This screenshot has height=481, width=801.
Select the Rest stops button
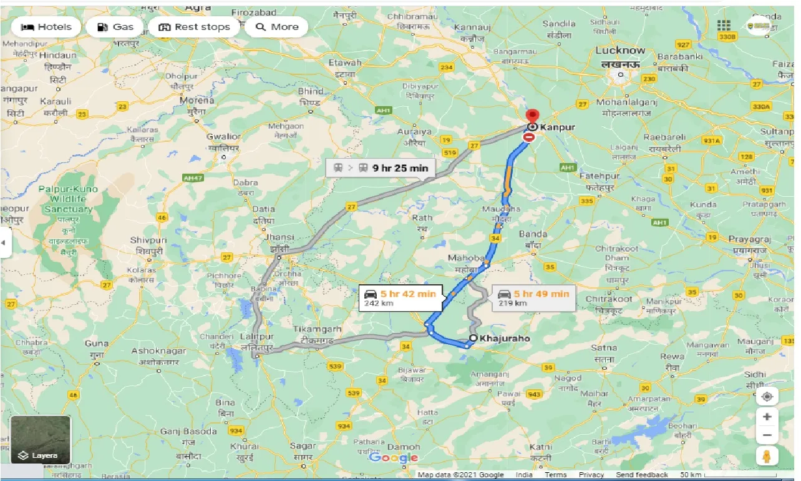[194, 27]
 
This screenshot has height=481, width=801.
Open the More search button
[277, 27]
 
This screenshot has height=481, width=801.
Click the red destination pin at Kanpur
[532, 117]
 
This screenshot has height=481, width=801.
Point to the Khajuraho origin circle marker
[473, 338]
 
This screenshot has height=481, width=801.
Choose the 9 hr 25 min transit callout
[381, 167]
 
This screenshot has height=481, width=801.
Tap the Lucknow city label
[620, 51]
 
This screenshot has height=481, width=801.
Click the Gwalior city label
[223, 137]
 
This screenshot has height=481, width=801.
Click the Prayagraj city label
[749, 239]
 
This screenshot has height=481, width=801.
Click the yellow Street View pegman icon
[767, 456]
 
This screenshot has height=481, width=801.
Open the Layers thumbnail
[41, 440]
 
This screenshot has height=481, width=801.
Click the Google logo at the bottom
[393, 458]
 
